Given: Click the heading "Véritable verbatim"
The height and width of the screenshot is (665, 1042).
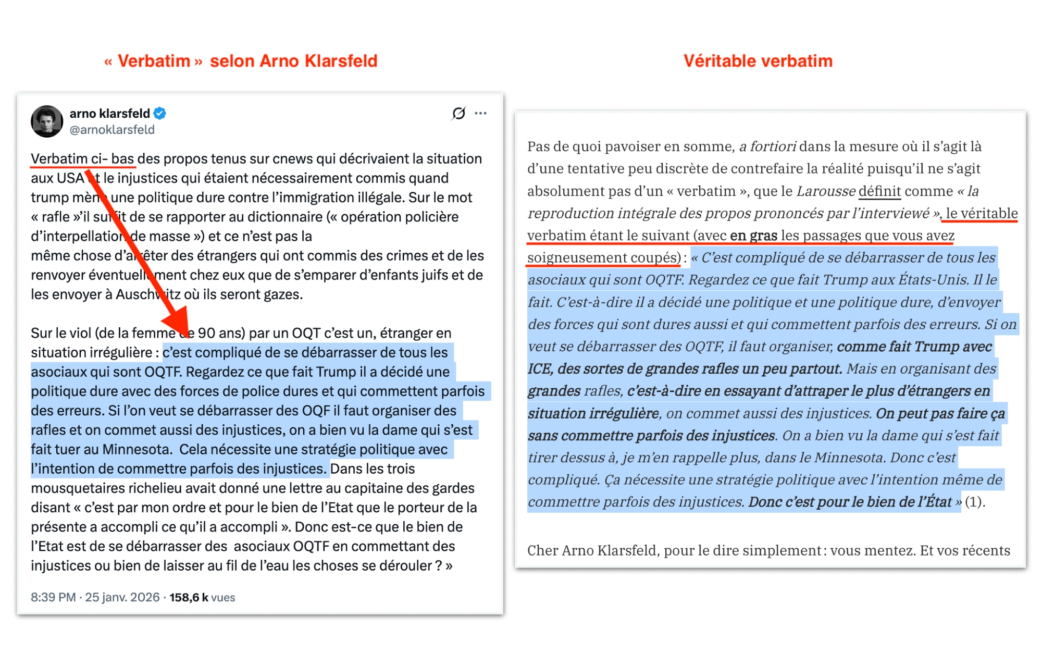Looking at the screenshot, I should click(758, 61).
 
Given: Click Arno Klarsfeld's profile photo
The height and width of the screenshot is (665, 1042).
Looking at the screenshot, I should click(47, 121).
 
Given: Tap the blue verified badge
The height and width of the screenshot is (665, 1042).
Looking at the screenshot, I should click(160, 113).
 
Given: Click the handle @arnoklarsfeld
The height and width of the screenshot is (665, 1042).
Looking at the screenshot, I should click(112, 130).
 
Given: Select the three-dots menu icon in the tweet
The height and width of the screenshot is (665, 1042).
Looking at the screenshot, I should click(480, 113).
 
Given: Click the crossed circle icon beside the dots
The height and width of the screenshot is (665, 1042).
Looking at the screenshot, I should click(458, 113).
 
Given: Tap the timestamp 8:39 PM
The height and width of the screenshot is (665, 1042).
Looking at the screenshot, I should click(53, 597).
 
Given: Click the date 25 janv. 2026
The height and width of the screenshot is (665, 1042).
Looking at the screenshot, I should click(122, 597).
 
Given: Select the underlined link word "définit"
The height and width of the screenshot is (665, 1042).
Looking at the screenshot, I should click(879, 191).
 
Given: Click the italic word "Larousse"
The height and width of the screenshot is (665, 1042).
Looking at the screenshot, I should click(825, 191).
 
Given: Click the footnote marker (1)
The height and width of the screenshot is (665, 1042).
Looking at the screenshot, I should click(974, 502).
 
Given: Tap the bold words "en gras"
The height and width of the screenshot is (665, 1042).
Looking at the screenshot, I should click(753, 236).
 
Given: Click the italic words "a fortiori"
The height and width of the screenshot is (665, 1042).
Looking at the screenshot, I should click(767, 146).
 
